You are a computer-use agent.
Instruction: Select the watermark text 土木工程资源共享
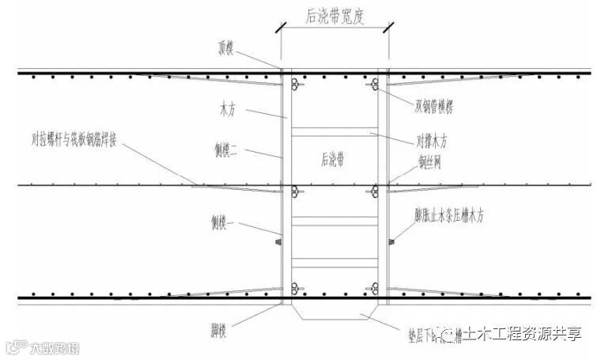[x=522, y=334]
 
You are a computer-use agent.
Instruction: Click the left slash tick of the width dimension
[x=279, y=30]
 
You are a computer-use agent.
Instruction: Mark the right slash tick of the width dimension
[x=387, y=30]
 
